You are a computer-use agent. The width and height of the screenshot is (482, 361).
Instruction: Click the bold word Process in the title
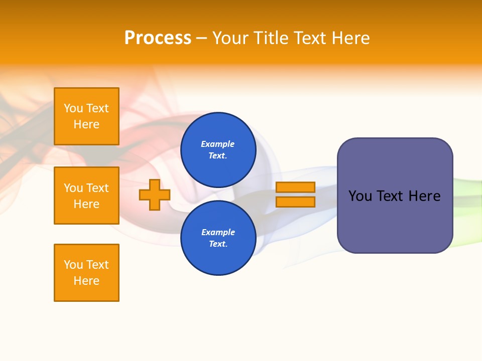coord(158,38)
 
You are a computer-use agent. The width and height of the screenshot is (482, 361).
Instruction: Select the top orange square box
coord(86,116)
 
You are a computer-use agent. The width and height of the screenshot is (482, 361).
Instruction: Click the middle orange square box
coord(86,196)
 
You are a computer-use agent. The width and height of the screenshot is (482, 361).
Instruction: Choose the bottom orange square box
coord(86,273)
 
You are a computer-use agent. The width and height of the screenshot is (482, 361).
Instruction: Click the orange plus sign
coord(155,195)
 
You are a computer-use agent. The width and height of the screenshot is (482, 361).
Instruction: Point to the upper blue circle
coord(218,149)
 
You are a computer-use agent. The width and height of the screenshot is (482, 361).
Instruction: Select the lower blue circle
coord(218,238)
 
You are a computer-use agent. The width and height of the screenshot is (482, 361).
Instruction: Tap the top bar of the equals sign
coord(295,187)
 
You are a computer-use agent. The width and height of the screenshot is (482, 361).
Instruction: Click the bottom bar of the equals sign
coord(295,202)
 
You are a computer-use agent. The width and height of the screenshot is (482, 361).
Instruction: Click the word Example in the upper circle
coord(218,144)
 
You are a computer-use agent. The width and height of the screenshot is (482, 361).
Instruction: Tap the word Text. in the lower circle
coord(218,244)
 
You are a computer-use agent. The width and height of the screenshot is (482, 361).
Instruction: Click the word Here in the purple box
coord(424,196)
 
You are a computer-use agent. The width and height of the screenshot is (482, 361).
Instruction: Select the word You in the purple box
coord(359,196)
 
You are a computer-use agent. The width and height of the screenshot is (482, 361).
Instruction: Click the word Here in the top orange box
coord(86,124)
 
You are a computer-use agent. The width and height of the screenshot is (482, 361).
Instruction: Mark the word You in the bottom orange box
coord(73,265)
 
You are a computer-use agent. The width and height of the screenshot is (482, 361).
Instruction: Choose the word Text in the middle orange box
coord(97,188)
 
